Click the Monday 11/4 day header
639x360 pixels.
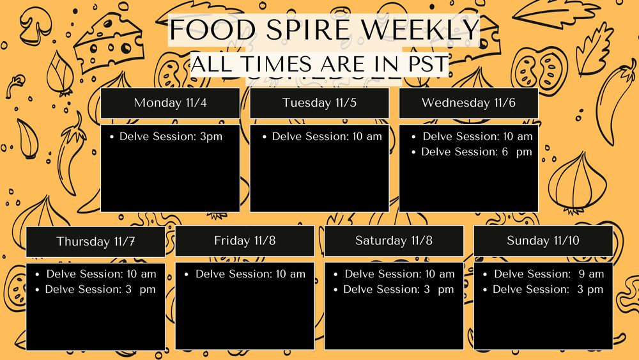(170, 103)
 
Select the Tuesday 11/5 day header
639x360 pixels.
(319, 103)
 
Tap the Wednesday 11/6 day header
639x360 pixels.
(468, 103)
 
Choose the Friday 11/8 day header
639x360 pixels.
(245, 240)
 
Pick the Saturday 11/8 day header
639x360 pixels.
(394, 240)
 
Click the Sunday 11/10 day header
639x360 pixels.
(543, 240)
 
